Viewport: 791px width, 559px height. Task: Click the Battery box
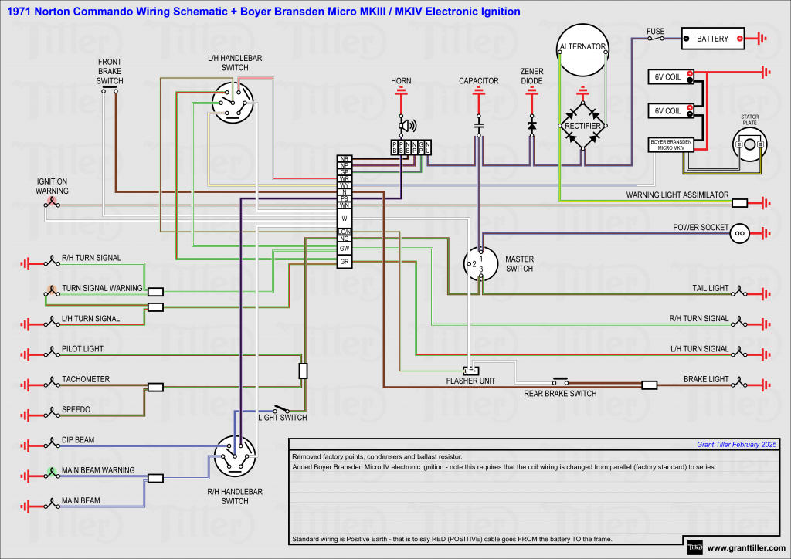coord(712,38)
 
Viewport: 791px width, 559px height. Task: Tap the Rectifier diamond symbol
coord(583,125)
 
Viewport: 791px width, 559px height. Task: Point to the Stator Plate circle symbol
coord(749,144)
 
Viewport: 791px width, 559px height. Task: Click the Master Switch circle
coord(479,264)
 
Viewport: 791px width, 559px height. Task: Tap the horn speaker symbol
coord(405,125)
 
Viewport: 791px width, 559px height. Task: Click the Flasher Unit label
coord(470,381)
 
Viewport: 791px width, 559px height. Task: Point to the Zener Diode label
coord(531,75)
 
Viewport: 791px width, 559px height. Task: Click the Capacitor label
coord(479,81)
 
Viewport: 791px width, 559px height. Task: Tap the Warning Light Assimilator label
coord(677,195)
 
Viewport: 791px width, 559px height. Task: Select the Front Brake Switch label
coord(110,71)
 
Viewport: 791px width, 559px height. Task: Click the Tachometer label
coord(86,379)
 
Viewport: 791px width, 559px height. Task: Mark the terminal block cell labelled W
coord(345,219)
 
